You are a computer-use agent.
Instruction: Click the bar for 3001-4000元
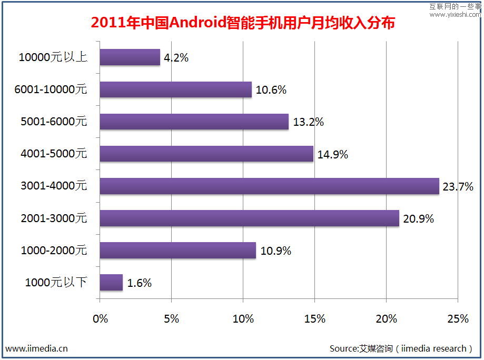point(269,186)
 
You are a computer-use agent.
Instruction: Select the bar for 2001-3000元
point(249,218)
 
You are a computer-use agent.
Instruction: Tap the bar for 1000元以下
point(111,282)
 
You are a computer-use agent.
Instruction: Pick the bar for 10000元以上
point(130,57)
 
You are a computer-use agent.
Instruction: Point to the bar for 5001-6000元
point(194,122)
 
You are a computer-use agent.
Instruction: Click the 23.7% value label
point(458,186)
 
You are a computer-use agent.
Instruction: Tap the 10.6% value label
point(271,90)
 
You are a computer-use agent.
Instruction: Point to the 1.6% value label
point(140,283)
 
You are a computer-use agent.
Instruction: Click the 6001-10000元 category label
point(51,89)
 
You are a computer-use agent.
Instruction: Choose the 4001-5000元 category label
point(53,154)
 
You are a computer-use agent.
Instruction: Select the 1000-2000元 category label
point(53,250)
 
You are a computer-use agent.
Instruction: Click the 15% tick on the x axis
point(314,318)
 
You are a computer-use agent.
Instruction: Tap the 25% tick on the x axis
point(458,318)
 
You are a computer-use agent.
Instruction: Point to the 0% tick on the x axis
point(100,318)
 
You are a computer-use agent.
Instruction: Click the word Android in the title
point(197,23)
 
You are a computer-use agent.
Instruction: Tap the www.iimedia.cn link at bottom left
point(36,348)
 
